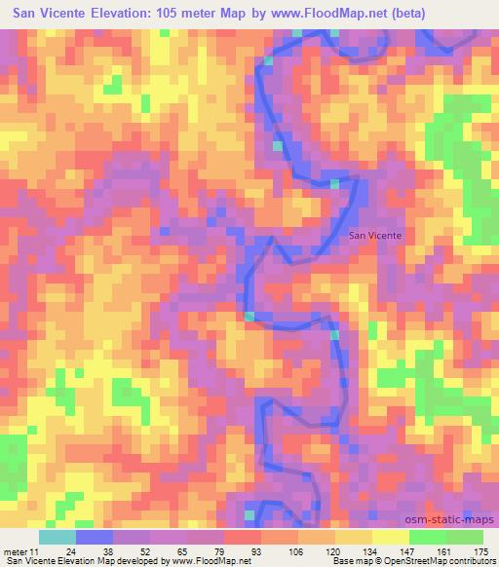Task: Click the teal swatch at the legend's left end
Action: tap(58, 537)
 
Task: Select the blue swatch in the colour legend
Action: tap(95, 537)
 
